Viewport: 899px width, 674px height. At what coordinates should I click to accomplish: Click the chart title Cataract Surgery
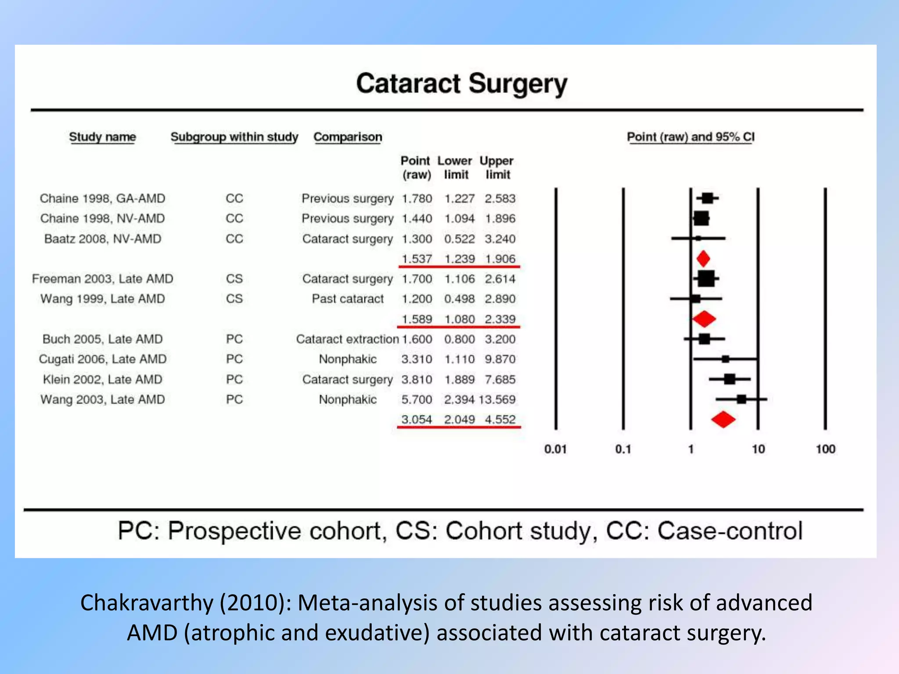click(461, 84)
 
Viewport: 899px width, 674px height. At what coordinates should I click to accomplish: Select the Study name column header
click(102, 137)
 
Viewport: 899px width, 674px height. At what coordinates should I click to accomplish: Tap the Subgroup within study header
click(234, 137)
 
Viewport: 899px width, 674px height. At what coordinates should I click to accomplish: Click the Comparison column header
click(348, 137)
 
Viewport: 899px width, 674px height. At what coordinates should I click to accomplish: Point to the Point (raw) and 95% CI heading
click(690, 137)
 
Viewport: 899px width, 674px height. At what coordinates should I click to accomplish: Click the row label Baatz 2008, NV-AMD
click(103, 239)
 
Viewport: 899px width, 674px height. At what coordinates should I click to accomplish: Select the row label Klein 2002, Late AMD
click(103, 379)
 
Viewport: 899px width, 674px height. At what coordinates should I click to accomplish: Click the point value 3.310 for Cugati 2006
click(417, 359)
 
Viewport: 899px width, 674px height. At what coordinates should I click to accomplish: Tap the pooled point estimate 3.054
click(417, 419)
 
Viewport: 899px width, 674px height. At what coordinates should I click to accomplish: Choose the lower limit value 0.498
click(459, 299)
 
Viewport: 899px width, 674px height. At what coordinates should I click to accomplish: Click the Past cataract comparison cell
click(348, 299)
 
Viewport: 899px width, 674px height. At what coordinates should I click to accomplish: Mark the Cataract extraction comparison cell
click(347, 339)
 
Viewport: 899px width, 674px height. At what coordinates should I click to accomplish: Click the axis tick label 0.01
click(555, 449)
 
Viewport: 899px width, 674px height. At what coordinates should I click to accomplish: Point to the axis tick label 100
click(825, 449)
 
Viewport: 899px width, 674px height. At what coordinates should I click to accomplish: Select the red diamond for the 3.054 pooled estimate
click(723, 419)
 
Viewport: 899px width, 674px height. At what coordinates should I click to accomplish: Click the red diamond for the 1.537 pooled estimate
click(703, 258)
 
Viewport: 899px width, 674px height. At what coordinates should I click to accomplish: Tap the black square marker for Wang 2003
click(741, 399)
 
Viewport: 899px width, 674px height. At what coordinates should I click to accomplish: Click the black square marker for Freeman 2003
click(706, 279)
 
